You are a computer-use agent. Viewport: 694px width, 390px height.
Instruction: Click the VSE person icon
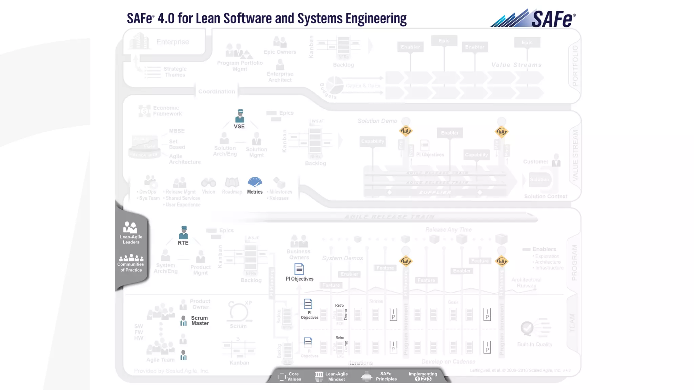(x=240, y=116)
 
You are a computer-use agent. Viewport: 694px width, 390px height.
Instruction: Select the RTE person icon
(x=183, y=232)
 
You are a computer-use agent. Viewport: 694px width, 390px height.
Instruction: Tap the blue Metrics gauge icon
(x=255, y=182)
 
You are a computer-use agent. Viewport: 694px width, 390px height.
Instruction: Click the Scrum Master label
(x=200, y=321)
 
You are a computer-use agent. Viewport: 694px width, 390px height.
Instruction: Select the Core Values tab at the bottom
(x=290, y=376)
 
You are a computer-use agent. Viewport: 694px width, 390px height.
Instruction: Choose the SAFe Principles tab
(x=380, y=376)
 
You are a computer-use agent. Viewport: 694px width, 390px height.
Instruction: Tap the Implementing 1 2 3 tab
(x=423, y=376)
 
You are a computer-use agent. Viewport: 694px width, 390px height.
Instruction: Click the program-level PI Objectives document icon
(x=299, y=269)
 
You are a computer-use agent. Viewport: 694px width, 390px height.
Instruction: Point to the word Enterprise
(x=172, y=42)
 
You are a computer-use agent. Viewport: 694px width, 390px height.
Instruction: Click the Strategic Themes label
(x=175, y=72)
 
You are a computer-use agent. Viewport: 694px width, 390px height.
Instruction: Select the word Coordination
(x=217, y=91)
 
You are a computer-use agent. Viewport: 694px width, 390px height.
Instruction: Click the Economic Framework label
(x=167, y=111)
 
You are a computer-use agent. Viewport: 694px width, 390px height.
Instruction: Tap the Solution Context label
(x=546, y=196)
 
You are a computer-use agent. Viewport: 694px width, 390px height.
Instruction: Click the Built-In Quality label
(x=535, y=344)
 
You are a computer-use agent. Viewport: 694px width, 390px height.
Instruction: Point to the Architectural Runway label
(x=526, y=283)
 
